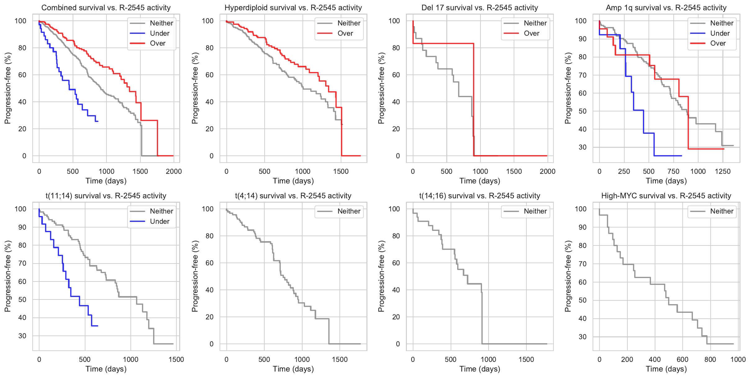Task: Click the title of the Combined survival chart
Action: (106, 8)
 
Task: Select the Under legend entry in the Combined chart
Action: (159, 33)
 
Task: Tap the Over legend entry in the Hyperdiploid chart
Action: (345, 33)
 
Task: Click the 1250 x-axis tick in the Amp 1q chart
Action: (723, 172)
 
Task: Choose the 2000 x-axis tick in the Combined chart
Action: (174, 172)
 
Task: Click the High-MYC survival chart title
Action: (666, 196)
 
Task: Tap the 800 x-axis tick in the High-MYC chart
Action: (710, 360)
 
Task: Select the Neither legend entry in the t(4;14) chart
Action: (349, 211)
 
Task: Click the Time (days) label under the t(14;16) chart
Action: (480, 369)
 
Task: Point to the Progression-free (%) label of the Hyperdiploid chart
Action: (195, 88)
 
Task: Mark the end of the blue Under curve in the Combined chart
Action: (98, 121)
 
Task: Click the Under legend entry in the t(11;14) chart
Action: (159, 222)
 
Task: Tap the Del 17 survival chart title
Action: (480, 8)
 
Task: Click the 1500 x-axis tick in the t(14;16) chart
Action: (526, 360)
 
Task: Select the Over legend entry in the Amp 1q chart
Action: (718, 43)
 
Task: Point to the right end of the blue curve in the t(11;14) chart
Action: (98, 326)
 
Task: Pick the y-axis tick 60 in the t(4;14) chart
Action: (210, 263)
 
